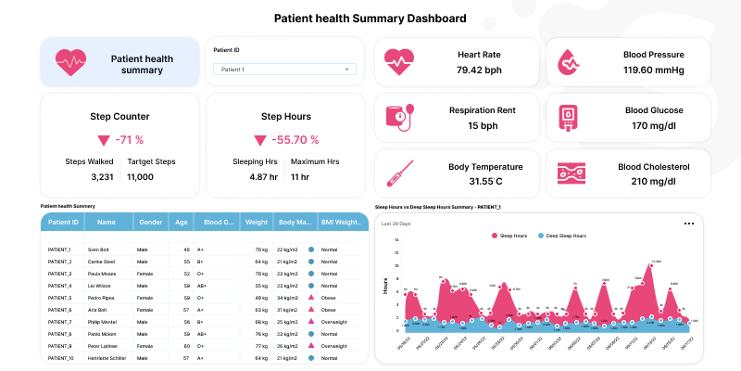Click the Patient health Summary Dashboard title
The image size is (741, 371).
370,19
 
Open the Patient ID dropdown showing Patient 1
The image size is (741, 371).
284,69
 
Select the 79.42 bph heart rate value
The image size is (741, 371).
480,70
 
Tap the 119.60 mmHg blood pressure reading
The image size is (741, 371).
654,70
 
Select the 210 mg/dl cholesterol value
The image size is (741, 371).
654,181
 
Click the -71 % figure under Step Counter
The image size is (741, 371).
128,140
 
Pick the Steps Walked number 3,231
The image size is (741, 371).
103,176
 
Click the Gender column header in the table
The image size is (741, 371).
149,223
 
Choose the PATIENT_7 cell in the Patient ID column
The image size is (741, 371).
59,322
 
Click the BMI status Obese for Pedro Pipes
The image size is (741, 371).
328,298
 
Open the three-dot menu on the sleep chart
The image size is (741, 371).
688,224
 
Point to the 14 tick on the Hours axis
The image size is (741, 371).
396,240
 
